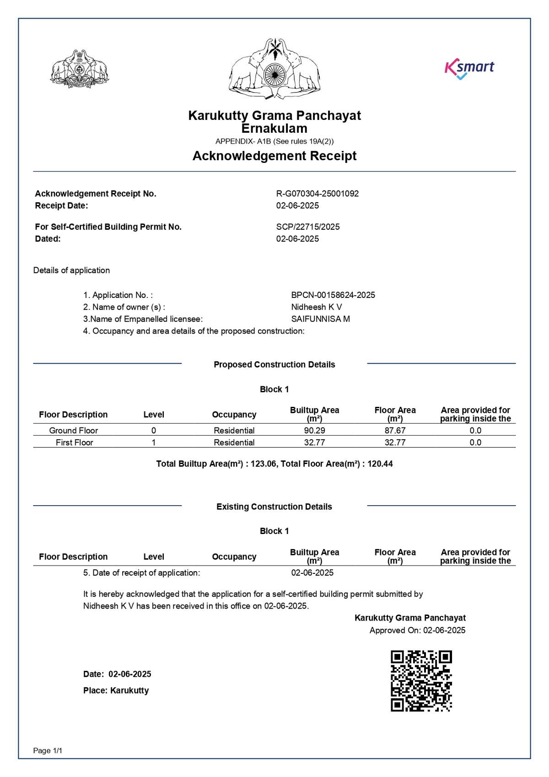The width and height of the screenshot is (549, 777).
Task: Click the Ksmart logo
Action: pos(469,69)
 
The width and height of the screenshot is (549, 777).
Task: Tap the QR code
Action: pos(421,681)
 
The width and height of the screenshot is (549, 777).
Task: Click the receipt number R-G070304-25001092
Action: pos(318,194)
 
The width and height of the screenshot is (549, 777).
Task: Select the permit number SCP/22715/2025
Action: pos(308,227)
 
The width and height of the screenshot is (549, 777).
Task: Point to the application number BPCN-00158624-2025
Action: pos(333,295)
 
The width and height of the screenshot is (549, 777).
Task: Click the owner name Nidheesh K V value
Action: pos(317,307)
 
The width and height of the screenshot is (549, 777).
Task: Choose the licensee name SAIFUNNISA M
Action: pos(321,319)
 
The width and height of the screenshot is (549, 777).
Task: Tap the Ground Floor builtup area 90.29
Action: pos(315,431)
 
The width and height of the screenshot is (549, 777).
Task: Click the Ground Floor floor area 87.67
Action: pos(395,431)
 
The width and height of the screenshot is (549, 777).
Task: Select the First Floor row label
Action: pos(74,442)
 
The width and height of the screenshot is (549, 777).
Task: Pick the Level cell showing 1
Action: pos(154,442)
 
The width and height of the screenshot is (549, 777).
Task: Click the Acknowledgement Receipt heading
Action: pos(274,156)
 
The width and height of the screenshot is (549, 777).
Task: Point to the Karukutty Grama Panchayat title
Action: pos(274,116)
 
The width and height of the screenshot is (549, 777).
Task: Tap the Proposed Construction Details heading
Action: pos(274,365)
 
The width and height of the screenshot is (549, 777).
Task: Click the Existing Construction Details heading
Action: pos(274,507)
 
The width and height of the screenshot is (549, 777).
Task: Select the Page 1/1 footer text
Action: pos(48,750)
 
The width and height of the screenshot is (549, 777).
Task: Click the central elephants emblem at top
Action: pos(274,69)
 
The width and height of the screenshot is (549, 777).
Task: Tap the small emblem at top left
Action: pos(80,69)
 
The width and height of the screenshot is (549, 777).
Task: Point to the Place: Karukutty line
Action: pos(116,691)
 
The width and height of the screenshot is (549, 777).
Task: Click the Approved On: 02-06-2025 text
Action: pos(417,631)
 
